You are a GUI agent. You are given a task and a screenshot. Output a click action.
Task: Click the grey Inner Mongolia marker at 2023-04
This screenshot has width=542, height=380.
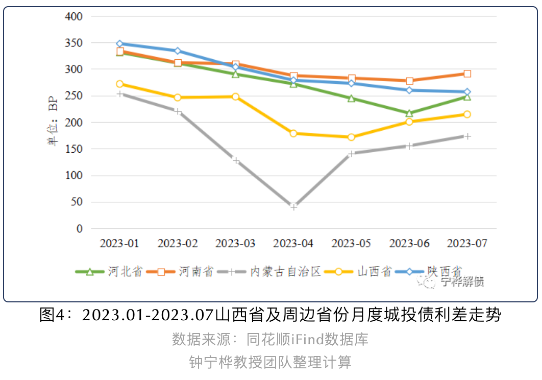click(293, 207)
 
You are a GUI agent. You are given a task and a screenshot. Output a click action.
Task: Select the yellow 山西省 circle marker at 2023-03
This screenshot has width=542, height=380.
click(235, 97)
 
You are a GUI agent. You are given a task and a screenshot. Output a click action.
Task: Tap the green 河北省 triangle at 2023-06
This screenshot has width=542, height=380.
click(409, 113)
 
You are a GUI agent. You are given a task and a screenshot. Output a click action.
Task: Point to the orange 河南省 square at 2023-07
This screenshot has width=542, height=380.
click(467, 74)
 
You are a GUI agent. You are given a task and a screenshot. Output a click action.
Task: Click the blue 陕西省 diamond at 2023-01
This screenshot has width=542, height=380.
click(119, 43)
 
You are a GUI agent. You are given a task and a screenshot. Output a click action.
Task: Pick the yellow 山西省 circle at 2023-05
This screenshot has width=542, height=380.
click(351, 137)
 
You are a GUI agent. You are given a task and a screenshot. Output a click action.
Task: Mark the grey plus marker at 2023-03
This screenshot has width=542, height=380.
click(235, 160)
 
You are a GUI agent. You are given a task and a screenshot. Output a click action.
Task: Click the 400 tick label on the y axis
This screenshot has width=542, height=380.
click(74, 16)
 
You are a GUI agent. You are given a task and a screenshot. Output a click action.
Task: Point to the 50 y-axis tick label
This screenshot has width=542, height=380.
click(77, 202)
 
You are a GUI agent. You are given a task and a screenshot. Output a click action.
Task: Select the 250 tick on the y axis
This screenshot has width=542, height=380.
click(74, 96)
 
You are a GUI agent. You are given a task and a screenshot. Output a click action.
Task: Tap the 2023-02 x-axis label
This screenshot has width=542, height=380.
click(177, 244)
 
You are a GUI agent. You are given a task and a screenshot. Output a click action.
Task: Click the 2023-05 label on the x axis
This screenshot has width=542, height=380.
click(351, 244)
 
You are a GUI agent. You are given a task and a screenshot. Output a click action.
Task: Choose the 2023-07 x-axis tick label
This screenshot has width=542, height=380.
click(467, 244)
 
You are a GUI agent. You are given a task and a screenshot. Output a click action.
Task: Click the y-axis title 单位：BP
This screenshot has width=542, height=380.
click(53, 123)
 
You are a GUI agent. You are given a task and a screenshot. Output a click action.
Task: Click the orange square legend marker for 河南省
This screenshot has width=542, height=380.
click(161, 272)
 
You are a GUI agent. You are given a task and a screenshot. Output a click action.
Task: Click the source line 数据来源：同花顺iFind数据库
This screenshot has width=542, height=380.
click(270, 339)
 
